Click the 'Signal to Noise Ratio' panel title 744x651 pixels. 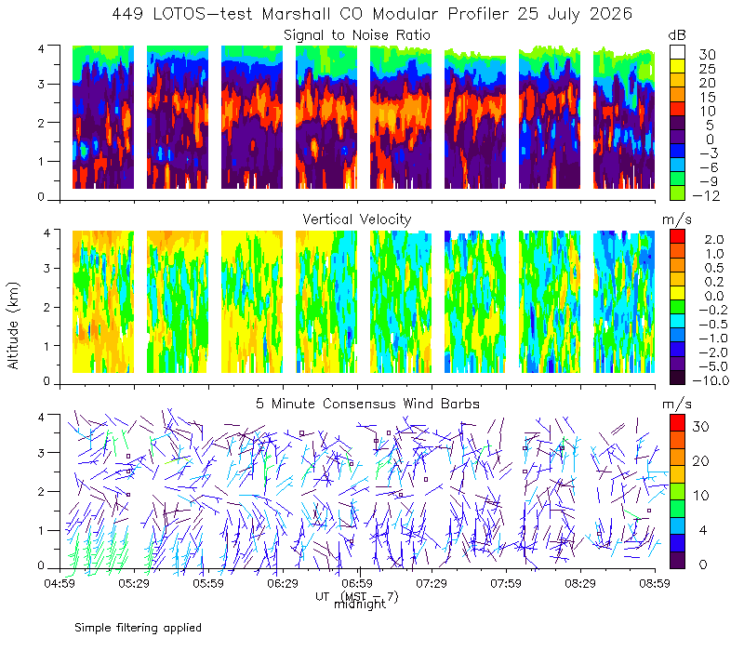point(357,35)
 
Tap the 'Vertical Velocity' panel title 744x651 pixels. point(357,219)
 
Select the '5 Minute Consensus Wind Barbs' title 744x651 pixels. point(367,404)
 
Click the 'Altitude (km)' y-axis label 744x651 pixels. point(13,325)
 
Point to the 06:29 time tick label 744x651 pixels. point(283,583)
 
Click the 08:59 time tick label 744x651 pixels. point(655,583)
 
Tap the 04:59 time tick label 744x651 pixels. point(60,583)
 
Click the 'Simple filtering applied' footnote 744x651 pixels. point(138,629)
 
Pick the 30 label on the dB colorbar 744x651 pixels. point(707,55)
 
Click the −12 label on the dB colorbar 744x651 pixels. point(706,195)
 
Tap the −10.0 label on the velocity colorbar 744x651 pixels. point(711,380)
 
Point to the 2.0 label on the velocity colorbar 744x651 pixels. point(714,240)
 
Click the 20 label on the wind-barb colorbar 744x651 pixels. point(701,461)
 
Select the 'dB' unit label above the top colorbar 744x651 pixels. point(677,35)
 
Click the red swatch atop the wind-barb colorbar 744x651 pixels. point(677,422)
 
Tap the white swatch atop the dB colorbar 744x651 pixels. point(677,52)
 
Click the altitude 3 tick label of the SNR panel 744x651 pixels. point(41,84)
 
